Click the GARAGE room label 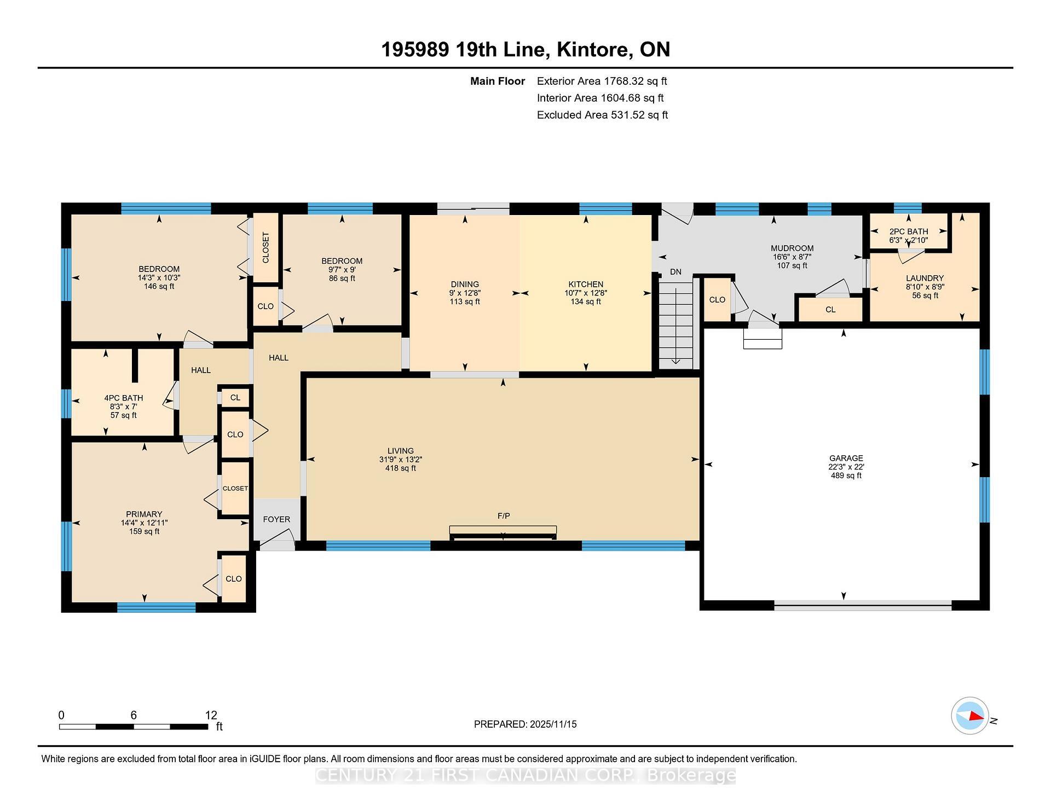(846, 458)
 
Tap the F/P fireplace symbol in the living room (503, 530)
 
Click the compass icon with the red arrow (970, 716)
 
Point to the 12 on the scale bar (211, 715)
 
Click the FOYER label (276, 519)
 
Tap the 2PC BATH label (909, 231)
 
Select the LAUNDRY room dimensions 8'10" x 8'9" (925, 287)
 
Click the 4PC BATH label (124, 398)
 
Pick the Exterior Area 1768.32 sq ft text (602, 82)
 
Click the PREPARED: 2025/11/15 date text (525, 724)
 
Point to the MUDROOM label (792, 248)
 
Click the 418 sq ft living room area (401, 468)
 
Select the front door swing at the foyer (277, 543)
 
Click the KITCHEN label (586, 284)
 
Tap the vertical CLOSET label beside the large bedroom (266, 247)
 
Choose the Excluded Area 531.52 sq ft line (602, 115)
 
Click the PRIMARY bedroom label (144, 514)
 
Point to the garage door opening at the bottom (863, 605)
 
